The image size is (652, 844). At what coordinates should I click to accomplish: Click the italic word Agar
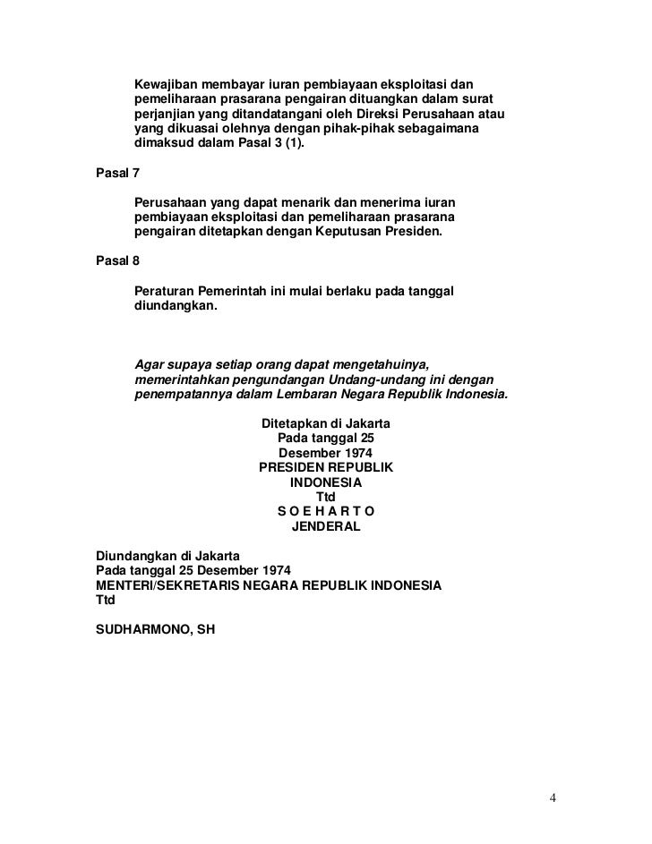[149, 363]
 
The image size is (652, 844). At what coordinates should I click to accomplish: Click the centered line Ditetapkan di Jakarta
[325, 422]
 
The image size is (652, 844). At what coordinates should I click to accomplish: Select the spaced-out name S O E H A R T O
[325, 511]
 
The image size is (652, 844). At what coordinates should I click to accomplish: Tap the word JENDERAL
[326, 527]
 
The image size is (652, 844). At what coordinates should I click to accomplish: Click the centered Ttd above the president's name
[326, 497]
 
